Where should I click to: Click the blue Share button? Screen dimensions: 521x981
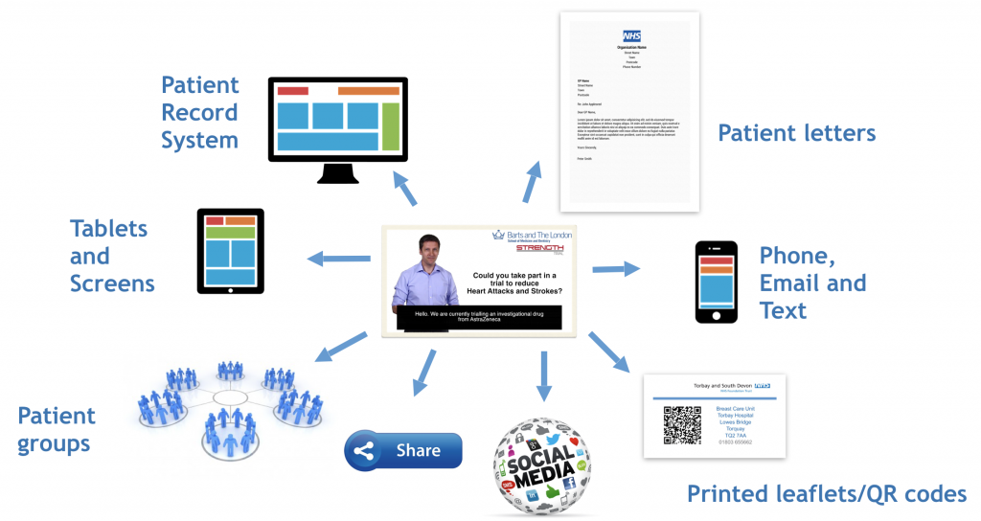tap(403, 450)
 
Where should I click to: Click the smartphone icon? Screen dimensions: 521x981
tap(716, 283)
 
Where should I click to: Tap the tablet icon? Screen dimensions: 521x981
tap(230, 251)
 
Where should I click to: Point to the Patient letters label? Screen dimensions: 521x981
tap(796, 133)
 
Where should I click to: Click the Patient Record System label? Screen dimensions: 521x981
tap(199, 112)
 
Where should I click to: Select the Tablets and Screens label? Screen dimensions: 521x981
tap(111, 256)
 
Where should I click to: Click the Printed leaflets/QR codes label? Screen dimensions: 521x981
tap(826, 494)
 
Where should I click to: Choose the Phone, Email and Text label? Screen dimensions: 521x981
tap(812, 283)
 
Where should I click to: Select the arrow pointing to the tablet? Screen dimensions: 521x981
tap(337, 258)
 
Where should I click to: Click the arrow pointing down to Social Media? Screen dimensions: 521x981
tap(545, 375)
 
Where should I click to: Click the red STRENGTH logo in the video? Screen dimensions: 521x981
tap(539, 248)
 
